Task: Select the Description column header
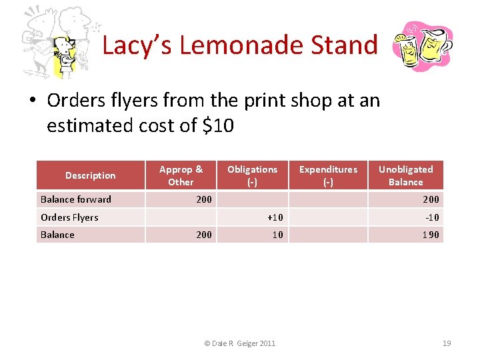tap(90, 175)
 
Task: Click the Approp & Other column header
tap(181, 175)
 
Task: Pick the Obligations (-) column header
tap(252, 175)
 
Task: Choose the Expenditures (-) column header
tap(328, 175)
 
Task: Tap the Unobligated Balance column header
tap(405, 175)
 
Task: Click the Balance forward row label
tap(76, 199)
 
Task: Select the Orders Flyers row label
tap(69, 217)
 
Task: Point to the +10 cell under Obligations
tap(275, 217)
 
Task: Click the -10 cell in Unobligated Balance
tap(432, 217)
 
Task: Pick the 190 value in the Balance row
tap(431, 235)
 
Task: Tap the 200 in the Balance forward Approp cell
tap(203, 199)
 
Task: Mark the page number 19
tap(447, 343)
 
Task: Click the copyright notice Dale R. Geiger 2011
tap(239, 343)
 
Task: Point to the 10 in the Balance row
tap(277, 235)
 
